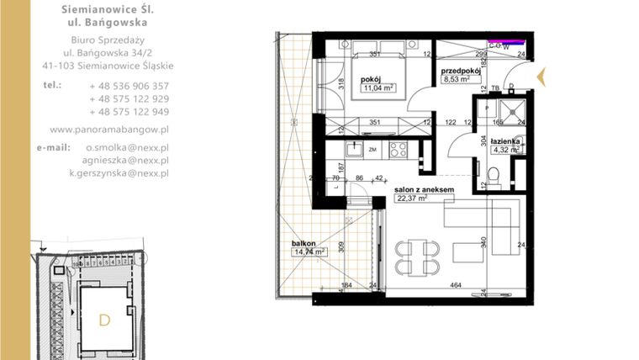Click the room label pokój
(371, 80)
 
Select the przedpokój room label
(461, 71)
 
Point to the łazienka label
(510, 140)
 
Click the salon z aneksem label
(425, 190)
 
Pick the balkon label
(304, 242)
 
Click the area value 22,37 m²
(412, 199)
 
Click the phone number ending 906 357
(129, 86)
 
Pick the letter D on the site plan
(104, 320)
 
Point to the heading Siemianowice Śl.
(107, 9)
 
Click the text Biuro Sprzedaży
(106, 40)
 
